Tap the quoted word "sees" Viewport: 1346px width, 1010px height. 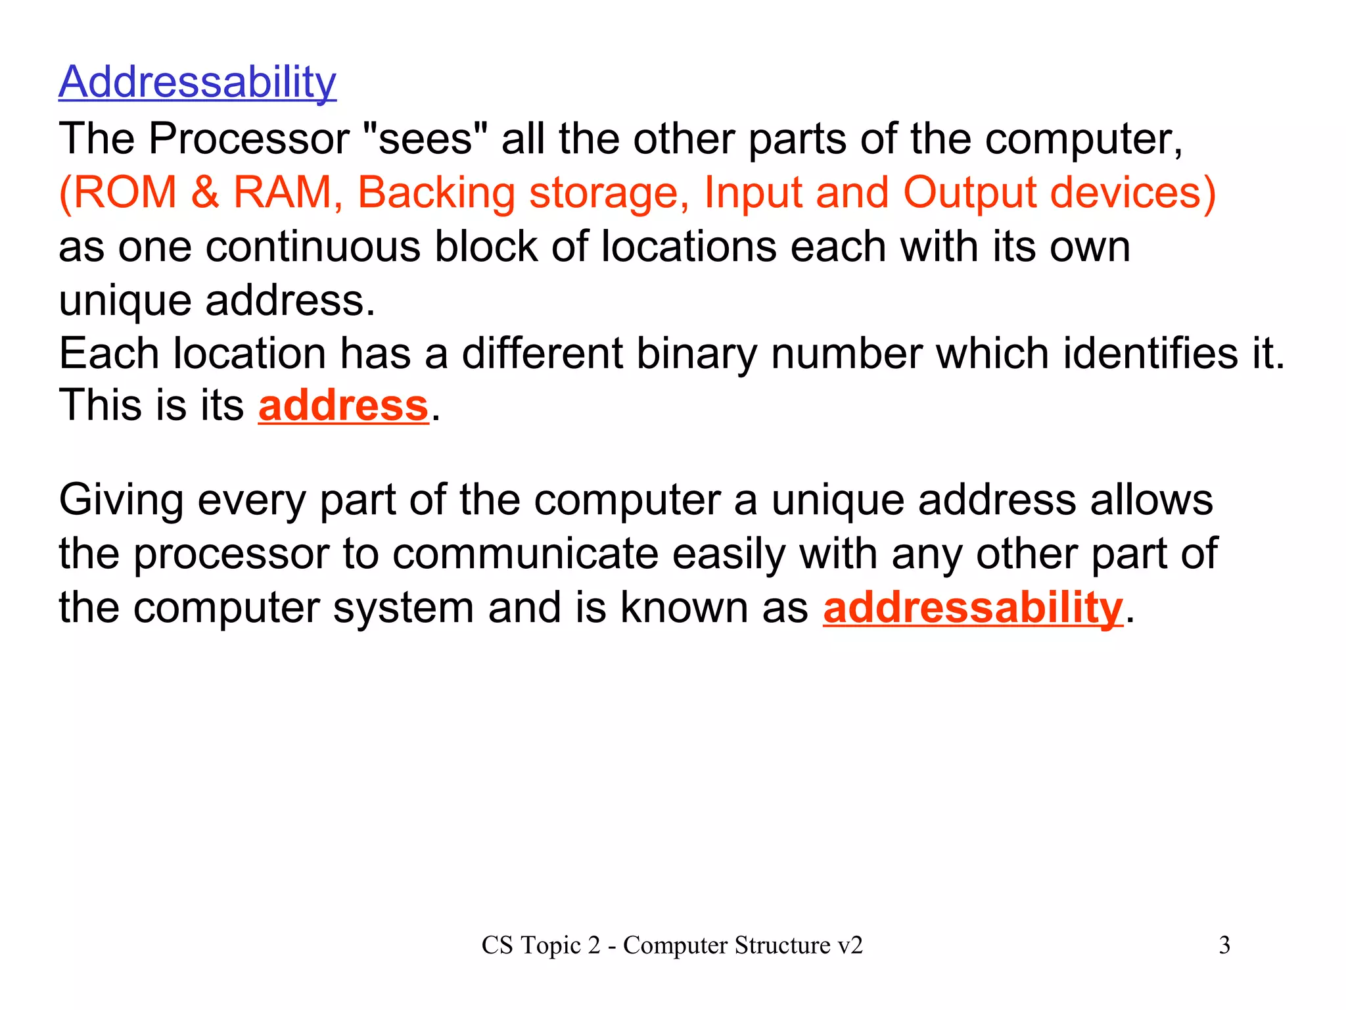coord(426,139)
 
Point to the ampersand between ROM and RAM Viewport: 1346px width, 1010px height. coord(205,193)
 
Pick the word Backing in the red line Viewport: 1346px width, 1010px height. coord(436,193)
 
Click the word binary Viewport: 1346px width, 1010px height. coord(697,354)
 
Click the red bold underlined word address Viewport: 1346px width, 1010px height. coord(343,405)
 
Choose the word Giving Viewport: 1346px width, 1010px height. coord(121,500)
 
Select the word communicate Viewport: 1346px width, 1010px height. coord(525,554)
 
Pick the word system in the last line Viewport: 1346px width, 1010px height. coord(403,608)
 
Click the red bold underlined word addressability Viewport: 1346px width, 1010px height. coord(973,608)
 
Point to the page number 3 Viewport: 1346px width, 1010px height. coord(1224,946)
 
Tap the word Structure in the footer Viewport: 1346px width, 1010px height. coord(782,946)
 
